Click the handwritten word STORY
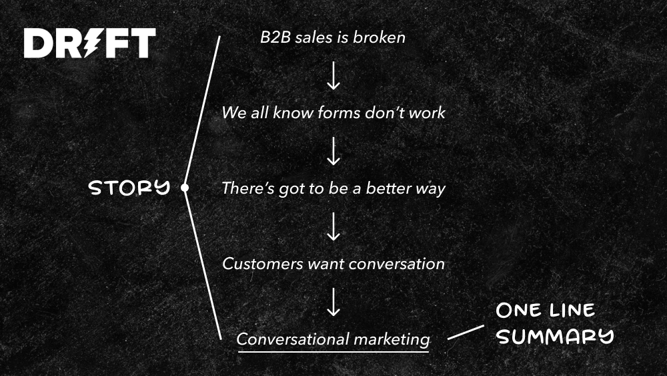129,188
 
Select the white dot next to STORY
185,188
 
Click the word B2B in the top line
275,37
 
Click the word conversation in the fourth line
396,264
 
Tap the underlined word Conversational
293,339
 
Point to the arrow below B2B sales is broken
333,75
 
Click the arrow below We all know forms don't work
333,151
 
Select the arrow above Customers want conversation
333,226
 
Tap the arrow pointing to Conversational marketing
333,302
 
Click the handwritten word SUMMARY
555,337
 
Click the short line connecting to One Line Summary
466,333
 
